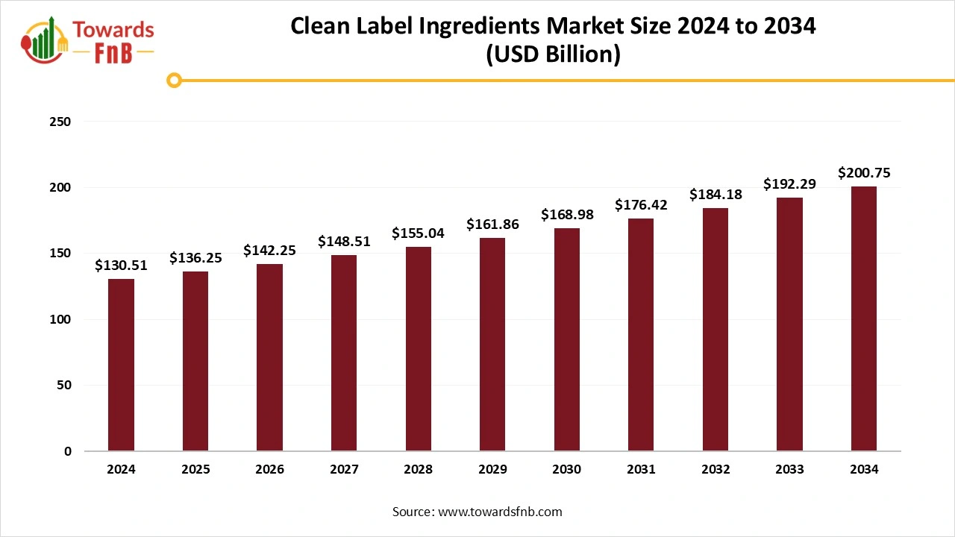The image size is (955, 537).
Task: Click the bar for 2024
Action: (121, 365)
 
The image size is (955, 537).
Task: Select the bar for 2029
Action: (492, 345)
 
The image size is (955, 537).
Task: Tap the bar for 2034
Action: (864, 318)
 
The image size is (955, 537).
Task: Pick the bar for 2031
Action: (641, 335)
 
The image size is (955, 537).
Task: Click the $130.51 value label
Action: (121, 266)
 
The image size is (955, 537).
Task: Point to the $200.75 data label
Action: (864, 173)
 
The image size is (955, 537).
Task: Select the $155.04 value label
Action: (418, 233)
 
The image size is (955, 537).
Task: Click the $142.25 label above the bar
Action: (269, 251)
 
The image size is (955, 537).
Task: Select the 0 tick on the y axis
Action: (68, 451)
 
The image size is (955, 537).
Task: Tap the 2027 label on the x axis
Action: (344, 470)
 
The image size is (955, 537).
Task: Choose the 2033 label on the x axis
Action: (789, 470)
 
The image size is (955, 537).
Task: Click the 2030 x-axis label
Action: (567, 470)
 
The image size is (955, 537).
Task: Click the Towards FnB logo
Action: (88, 41)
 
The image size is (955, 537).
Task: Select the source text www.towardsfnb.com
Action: (499, 512)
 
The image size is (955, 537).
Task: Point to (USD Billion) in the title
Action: (552, 55)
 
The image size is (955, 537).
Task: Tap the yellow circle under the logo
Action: (174, 80)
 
